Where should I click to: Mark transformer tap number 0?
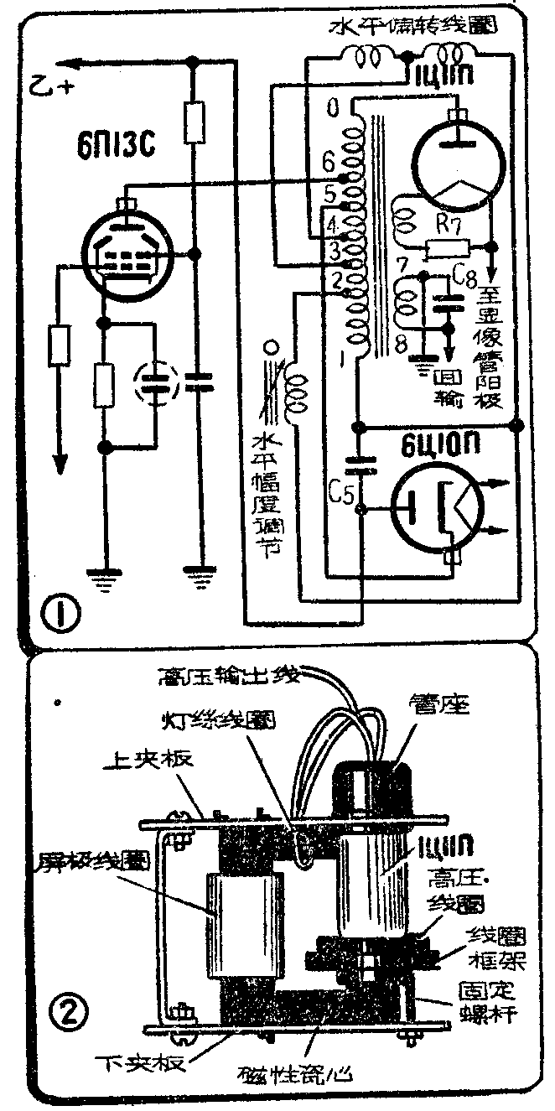click(x=333, y=108)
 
